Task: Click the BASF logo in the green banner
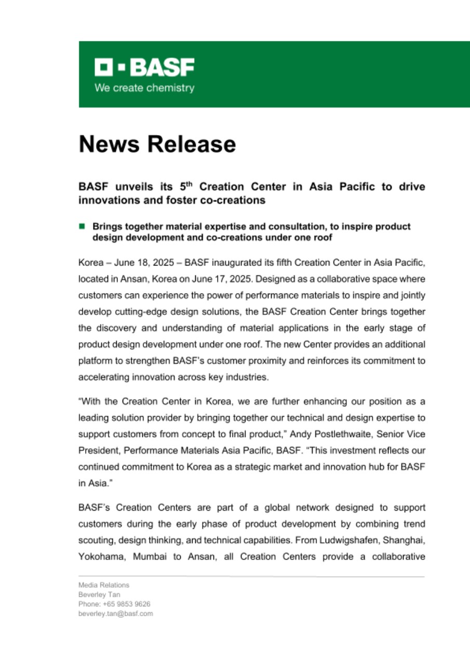pos(144,67)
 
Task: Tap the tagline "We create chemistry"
pos(144,88)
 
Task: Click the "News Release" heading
pos(157,144)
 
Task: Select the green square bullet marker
pos(82,227)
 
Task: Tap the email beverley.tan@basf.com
pos(115,614)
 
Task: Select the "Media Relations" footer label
pos(103,585)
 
